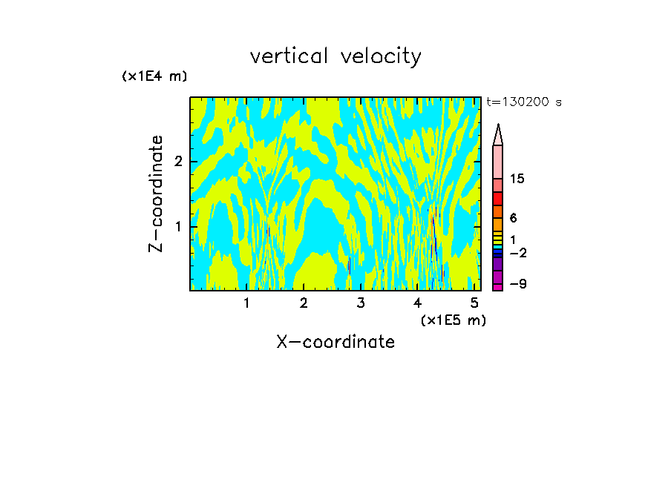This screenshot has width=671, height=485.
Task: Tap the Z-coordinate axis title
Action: click(x=156, y=194)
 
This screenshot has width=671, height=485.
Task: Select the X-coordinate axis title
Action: click(x=335, y=342)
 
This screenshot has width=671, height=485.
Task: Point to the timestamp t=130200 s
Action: click(x=523, y=102)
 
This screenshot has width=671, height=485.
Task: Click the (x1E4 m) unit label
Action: click(x=154, y=76)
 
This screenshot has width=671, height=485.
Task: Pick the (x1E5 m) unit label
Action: click(x=453, y=320)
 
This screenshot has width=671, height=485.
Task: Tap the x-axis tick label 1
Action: click(x=247, y=303)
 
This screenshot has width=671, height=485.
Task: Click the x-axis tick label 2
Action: click(x=304, y=303)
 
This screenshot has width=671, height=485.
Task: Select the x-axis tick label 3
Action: click(x=361, y=303)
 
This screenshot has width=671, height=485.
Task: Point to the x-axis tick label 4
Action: click(x=418, y=303)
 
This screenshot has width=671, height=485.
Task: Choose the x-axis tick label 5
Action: click(x=474, y=303)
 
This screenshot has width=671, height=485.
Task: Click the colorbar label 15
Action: click(x=517, y=179)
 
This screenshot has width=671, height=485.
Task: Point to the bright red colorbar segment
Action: click(x=498, y=199)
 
